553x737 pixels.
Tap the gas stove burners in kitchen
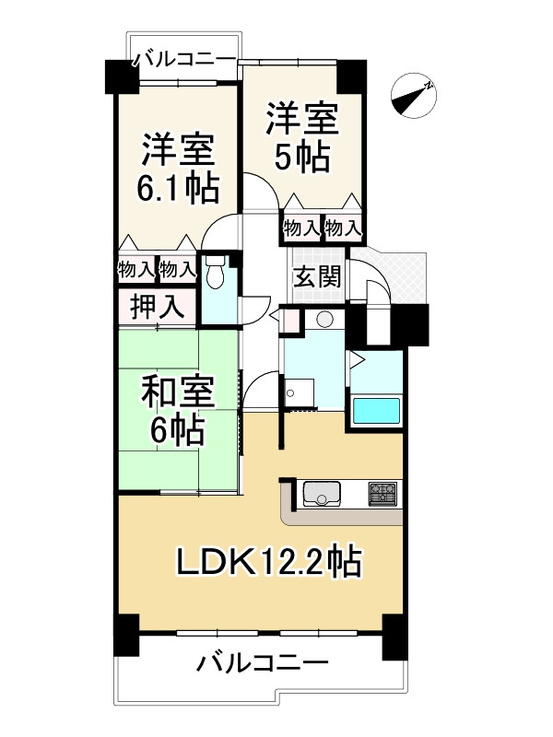pyautogui.click(x=382, y=494)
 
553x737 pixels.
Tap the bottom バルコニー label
pyautogui.click(x=263, y=664)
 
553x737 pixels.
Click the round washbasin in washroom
pyautogui.click(x=324, y=320)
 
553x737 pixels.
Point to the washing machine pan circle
pyautogui.click(x=291, y=393)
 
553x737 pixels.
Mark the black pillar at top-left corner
pyautogui.click(x=120, y=76)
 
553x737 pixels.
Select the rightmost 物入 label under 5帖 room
pyautogui.click(x=342, y=228)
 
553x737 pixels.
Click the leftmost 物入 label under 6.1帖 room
pyautogui.click(x=136, y=269)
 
